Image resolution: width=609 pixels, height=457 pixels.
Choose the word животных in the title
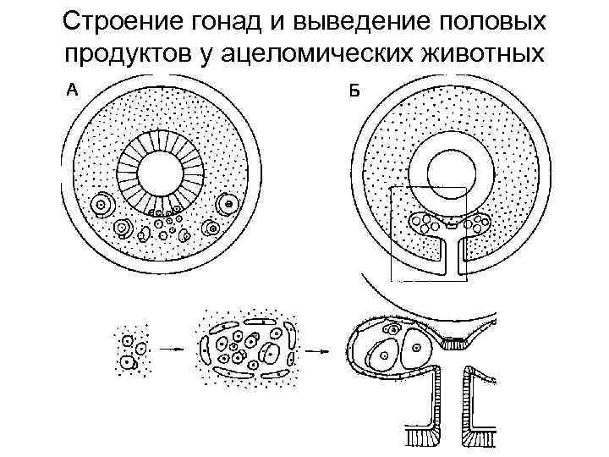[486, 52]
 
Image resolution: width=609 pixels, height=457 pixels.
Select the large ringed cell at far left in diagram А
[103, 203]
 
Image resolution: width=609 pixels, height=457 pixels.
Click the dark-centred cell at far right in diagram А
[227, 205]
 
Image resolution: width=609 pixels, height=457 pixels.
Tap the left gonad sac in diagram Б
[426, 224]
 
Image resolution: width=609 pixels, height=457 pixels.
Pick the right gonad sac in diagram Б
[477, 224]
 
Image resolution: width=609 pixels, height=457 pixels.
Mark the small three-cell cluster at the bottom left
[132, 351]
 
